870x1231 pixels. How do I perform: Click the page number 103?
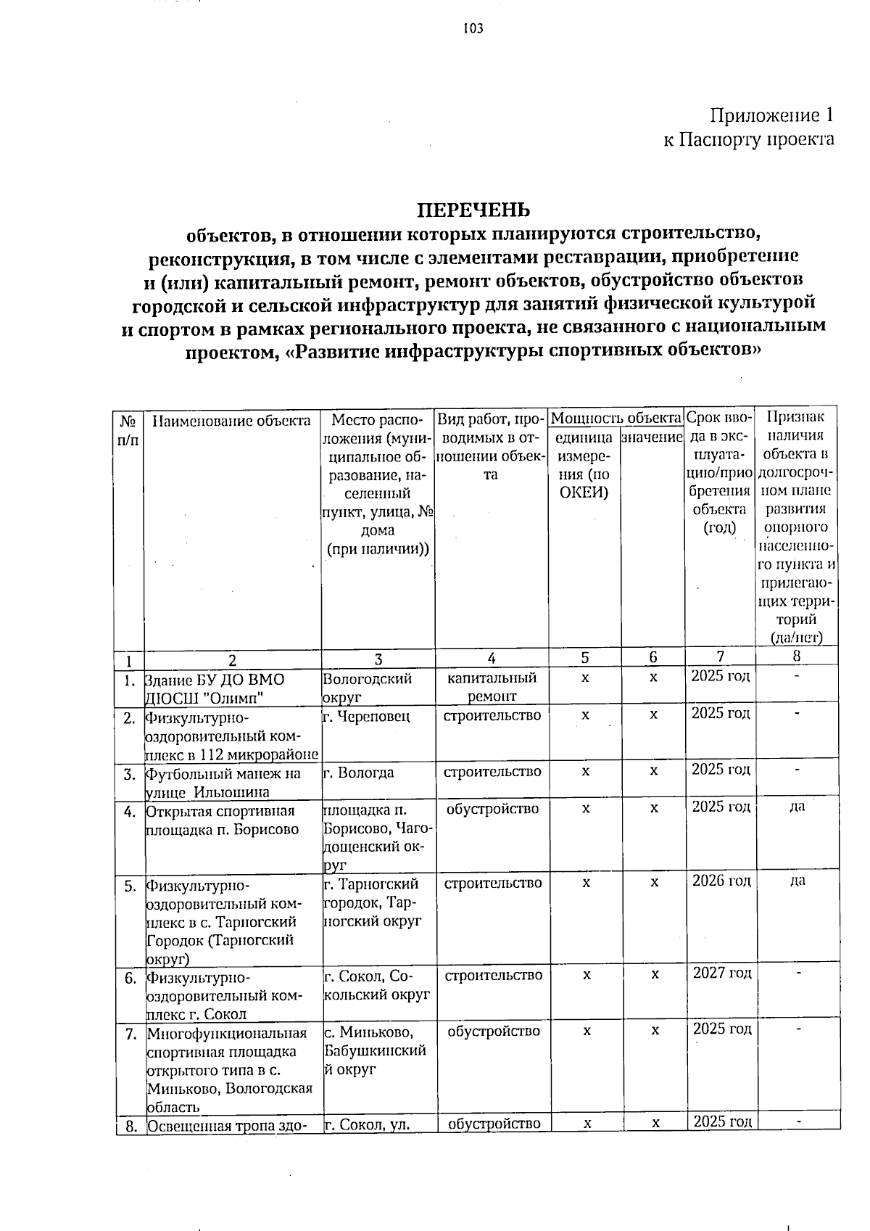(x=473, y=29)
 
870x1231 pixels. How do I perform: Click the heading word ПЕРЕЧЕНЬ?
(x=473, y=210)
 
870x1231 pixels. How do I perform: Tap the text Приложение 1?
(x=771, y=115)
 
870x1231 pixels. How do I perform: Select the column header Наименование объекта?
(x=232, y=421)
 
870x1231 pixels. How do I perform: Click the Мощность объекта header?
(x=616, y=418)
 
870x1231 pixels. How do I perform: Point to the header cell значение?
(x=652, y=437)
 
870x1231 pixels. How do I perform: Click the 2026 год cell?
(x=721, y=881)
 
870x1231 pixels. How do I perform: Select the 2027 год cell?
(x=722, y=973)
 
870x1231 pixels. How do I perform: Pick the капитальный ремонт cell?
(x=492, y=686)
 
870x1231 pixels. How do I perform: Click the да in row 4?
(x=797, y=807)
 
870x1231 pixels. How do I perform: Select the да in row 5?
(x=797, y=881)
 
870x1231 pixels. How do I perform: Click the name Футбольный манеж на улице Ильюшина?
(x=223, y=782)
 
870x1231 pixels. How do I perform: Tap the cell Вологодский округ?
(x=367, y=687)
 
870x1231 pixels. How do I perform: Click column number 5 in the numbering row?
(x=584, y=658)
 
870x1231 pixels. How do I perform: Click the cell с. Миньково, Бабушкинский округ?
(x=375, y=1050)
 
